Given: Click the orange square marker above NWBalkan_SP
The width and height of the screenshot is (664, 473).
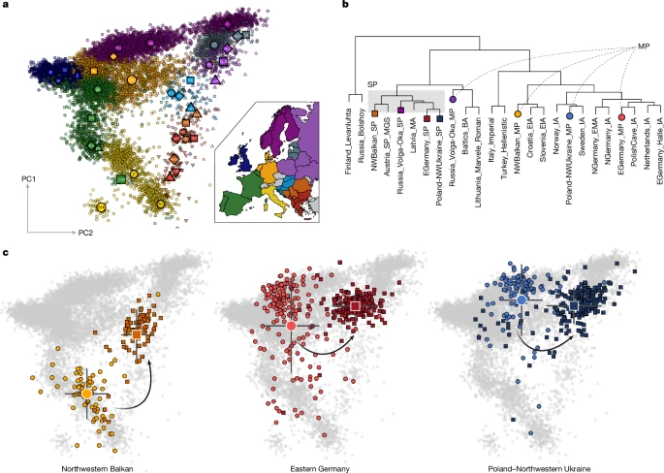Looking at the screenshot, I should [374, 113].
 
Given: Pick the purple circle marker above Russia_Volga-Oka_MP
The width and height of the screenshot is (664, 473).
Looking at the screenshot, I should [454, 100].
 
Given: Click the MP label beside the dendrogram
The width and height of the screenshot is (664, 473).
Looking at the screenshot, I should [642, 46].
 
